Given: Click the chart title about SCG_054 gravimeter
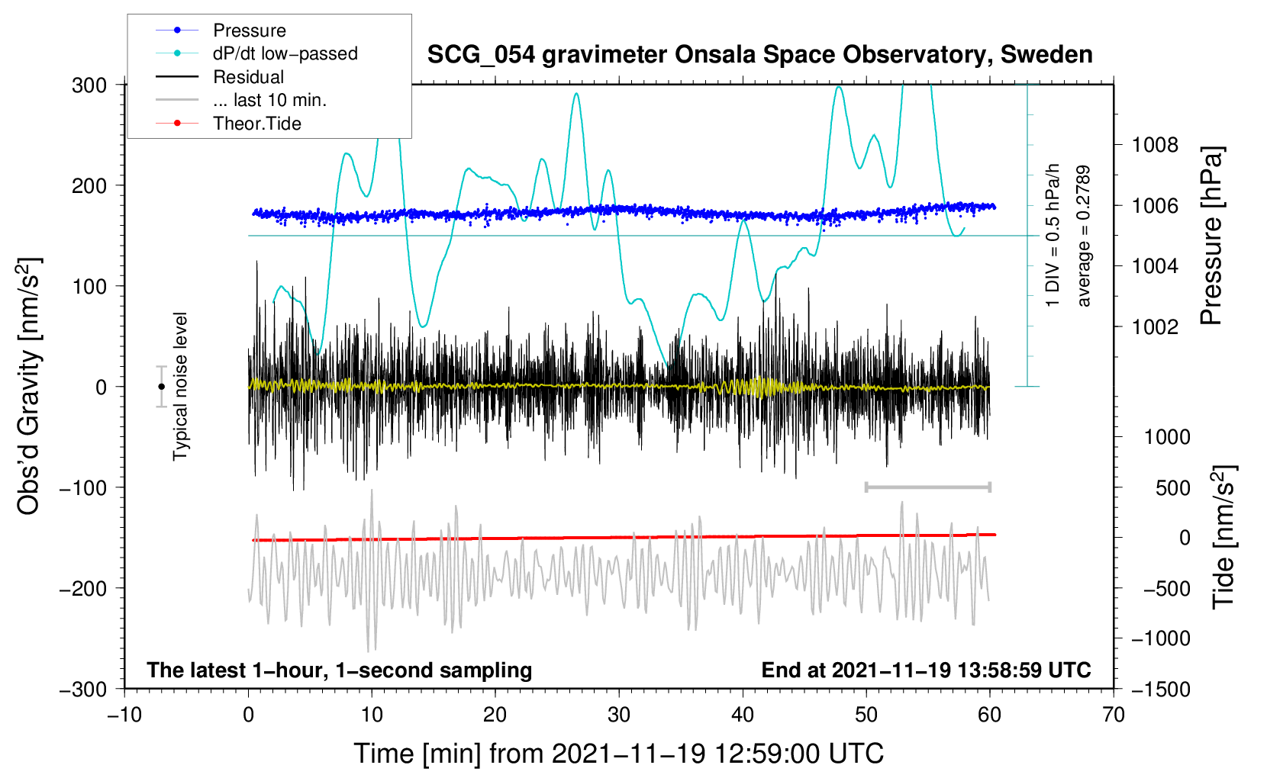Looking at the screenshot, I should pyautogui.click(x=759, y=55).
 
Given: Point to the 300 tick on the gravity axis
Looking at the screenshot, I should pyautogui.click(x=89, y=85).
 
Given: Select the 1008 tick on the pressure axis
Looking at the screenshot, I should pyautogui.click(x=1155, y=145).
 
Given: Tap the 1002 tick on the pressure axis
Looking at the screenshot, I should pyautogui.click(x=1155, y=327).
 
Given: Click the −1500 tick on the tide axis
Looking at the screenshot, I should pyautogui.click(x=1161, y=690).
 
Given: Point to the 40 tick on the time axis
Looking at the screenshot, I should pyautogui.click(x=743, y=715).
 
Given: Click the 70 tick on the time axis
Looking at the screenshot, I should pyautogui.click(x=1114, y=715).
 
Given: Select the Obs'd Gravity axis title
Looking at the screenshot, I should pyautogui.click(x=29, y=386).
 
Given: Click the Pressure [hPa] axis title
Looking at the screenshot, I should pyautogui.click(x=1211, y=236).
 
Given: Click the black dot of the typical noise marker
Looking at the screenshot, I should pyautogui.click(x=162, y=387).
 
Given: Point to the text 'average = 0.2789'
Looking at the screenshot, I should pyautogui.click(x=1083, y=236).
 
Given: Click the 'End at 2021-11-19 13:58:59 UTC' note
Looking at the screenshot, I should pyautogui.click(x=926, y=670).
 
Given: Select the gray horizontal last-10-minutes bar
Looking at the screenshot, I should pyautogui.click(x=927, y=487).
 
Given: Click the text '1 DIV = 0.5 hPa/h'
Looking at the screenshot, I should pyautogui.click(x=1053, y=236).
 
